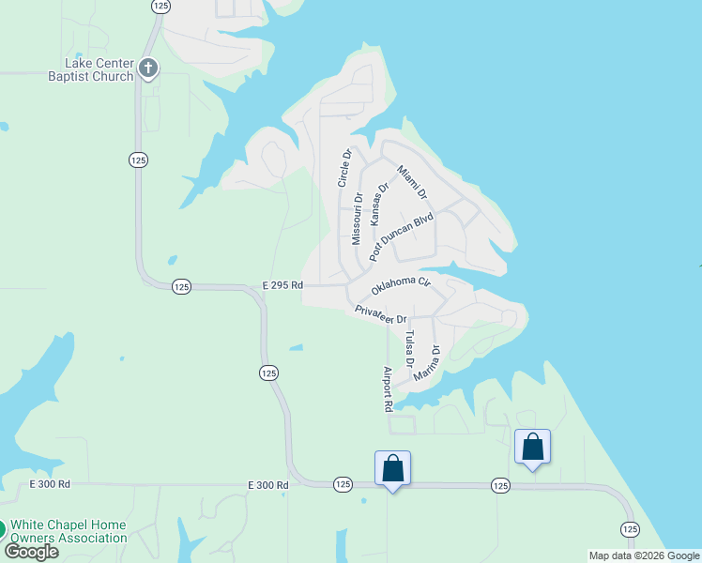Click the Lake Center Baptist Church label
click(91, 69)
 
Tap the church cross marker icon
click(148, 68)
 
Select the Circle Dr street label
click(344, 167)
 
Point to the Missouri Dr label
click(357, 219)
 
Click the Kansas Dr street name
click(378, 205)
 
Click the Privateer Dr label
click(380, 314)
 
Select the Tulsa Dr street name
click(409, 348)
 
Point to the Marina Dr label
click(433, 362)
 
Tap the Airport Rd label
click(387, 389)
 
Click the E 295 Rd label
click(282, 284)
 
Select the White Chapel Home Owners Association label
click(69, 531)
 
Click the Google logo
click(31, 551)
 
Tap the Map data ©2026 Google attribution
click(644, 555)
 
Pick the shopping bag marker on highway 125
click(392, 467)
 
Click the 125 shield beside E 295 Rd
click(182, 286)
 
